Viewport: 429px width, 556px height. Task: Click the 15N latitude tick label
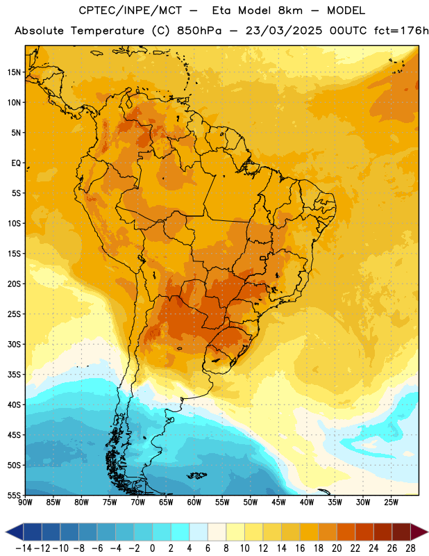(14, 72)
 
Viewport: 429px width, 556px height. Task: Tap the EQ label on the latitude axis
(16, 163)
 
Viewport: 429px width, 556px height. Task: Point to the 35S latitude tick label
(14, 375)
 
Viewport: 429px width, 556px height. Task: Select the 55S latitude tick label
(14, 495)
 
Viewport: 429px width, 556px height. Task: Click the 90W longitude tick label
(25, 502)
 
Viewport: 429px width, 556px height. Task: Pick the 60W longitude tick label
(194, 502)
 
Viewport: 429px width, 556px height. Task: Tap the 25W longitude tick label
(391, 502)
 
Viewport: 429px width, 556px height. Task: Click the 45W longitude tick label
(279, 502)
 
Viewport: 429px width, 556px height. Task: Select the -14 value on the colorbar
(24, 548)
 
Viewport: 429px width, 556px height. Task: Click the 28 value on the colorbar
(410, 548)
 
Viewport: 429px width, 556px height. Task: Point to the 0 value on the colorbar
(152, 548)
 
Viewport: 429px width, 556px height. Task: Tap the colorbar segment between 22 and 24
(364, 532)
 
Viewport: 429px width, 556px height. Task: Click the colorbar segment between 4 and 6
(199, 532)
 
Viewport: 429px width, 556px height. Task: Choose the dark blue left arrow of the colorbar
(15, 532)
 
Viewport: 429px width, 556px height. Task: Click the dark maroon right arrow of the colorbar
(419, 532)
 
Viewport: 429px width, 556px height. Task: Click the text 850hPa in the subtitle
(199, 31)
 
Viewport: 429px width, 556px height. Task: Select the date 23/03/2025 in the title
(284, 31)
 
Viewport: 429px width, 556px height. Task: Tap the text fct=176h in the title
(401, 31)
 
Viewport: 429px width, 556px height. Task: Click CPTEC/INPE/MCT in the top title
(131, 10)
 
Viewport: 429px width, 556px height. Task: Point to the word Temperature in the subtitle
(108, 31)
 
